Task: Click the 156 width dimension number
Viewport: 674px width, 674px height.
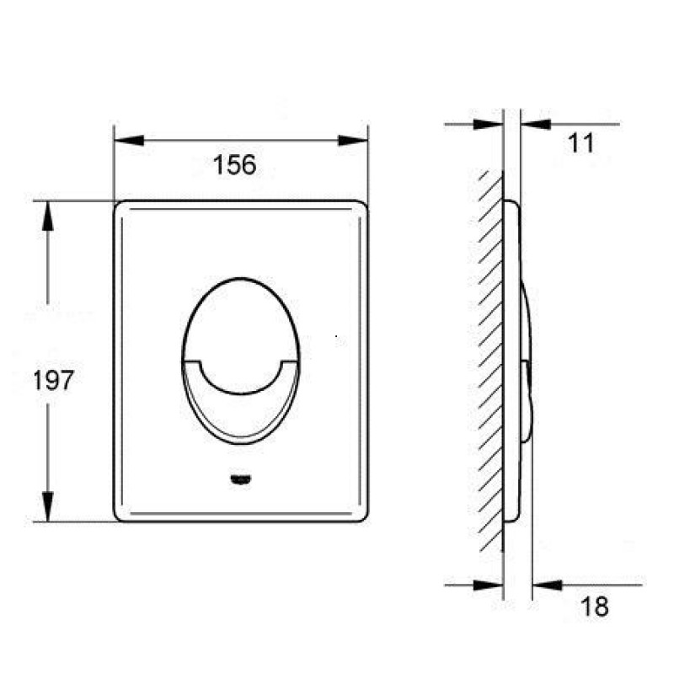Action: tap(235, 164)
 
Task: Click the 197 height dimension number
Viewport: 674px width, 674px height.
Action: tap(53, 381)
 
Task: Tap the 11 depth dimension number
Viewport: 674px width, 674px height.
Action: tap(580, 143)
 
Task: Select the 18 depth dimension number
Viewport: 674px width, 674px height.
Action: tap(595, 607)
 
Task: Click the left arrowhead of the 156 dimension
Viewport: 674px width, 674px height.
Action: tap(129, 140)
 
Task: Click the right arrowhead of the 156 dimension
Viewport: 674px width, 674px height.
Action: tap(353, 140)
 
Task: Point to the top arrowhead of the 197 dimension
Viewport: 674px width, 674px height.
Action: tap(48, 216)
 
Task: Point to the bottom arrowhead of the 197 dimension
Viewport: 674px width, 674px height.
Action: tap(48, 507)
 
